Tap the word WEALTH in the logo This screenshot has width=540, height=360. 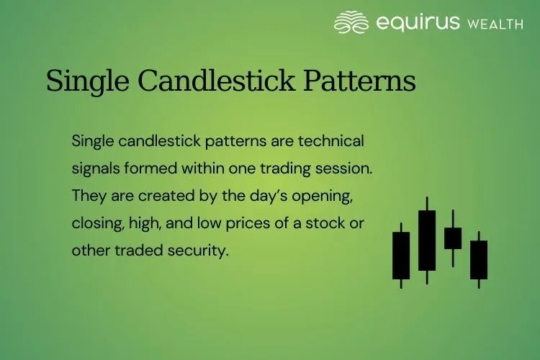click(x=496, y=24)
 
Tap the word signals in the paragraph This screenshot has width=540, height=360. click(x=94, y=168)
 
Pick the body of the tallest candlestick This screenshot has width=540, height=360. click(x=427, y=240)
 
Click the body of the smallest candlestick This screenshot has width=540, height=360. click(x=453, y=238)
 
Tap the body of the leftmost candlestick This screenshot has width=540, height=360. click(x=401, y=255)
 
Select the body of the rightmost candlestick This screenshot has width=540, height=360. click(x=479, y=259)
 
